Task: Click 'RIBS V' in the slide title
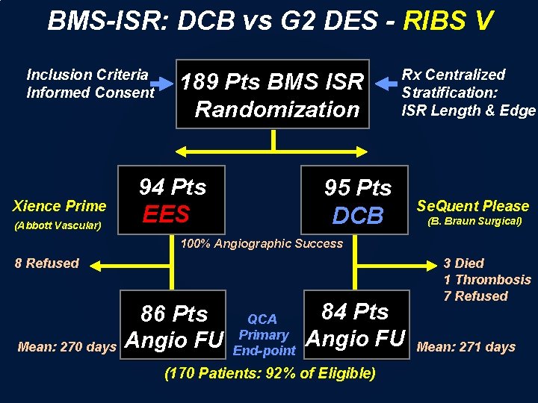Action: [448, 21]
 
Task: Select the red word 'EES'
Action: [166, 214]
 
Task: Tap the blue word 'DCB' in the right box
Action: [358, 216]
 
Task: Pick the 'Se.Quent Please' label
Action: [472, 206]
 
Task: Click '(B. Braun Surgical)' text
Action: [474, 222]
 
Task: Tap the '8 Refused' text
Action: [47, 263]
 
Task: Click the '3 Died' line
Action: [463, 263]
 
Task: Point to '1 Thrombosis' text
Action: [486, 280]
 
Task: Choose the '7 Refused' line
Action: [475, 296]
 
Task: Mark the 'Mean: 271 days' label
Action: [466, 346]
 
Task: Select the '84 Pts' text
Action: [355, 311]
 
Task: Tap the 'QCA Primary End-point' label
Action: [263, 335]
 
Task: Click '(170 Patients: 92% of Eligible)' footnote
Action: [270, 372]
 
